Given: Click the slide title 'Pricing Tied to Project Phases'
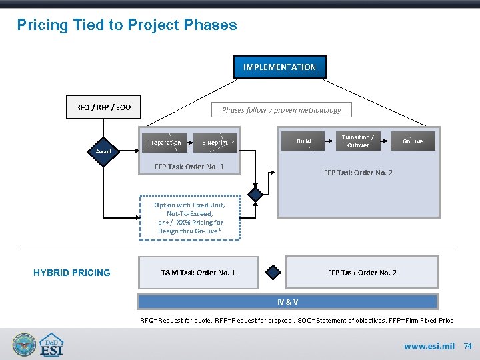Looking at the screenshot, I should pos(127,25).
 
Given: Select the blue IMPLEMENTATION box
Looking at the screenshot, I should pos(279,67).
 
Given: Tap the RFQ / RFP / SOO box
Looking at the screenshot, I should pos(103,107).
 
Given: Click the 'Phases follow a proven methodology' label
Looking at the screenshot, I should pos(281,110).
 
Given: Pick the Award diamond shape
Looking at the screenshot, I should pos(103,151).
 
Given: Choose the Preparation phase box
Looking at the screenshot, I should pos(164,143).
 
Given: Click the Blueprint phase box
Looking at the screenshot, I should pos(215,143).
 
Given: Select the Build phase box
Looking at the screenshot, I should pos(304,141).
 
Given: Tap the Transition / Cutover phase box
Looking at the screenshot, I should pos(357,141).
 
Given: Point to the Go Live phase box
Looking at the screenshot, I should pos(412,141).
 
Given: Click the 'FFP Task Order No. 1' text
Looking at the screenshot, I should pos(189,167).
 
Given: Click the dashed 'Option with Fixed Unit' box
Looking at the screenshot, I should pos(190,218).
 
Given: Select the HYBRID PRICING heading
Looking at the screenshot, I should pos(72,272).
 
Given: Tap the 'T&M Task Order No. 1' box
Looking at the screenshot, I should pos(198,273).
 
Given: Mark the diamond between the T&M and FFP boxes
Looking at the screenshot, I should pos(273,273).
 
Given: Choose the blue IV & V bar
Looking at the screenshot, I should pos(287,302).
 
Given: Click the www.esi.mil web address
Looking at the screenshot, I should pos(429,347).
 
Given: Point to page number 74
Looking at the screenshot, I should pos(468,347).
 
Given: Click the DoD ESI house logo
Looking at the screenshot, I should pos(52,345).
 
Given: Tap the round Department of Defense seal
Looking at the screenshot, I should pos(25,345).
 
